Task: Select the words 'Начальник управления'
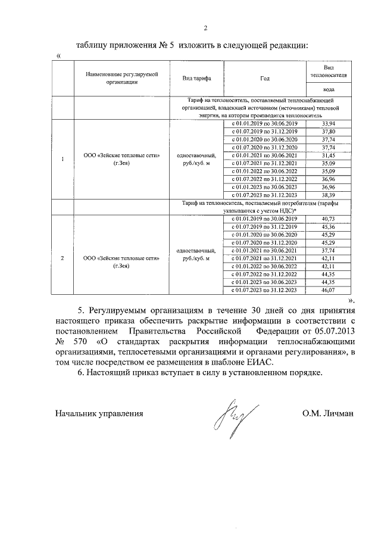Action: [x=99, y=413]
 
